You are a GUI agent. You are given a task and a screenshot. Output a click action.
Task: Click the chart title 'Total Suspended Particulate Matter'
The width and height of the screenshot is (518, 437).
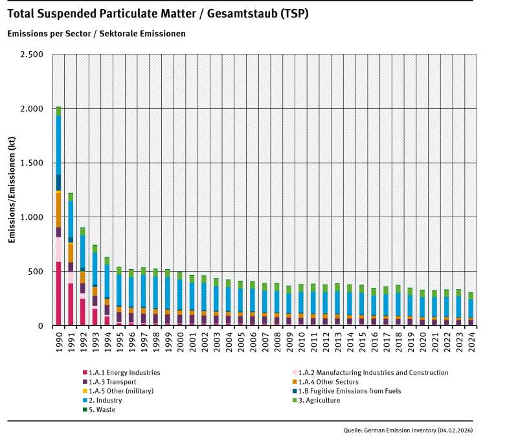(x=159, y=14)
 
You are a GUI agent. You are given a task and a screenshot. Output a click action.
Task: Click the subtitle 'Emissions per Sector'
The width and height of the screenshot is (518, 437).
(x=97, y=33)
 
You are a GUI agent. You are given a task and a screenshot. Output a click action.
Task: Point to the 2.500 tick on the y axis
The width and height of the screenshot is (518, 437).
(x=32, y=54)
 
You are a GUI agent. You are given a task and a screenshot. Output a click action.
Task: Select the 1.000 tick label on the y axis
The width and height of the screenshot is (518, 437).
(x=32, y=217)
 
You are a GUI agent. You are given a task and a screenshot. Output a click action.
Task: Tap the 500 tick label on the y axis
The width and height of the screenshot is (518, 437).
(x=36, y=271)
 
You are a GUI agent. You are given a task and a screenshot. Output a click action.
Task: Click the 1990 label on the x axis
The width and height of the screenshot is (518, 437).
(x=58, y=339)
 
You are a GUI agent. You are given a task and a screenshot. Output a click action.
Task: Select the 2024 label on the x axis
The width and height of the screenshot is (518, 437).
(x=471, y=339)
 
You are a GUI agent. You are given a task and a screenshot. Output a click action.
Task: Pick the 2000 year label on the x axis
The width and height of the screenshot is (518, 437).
(x=180, y=339)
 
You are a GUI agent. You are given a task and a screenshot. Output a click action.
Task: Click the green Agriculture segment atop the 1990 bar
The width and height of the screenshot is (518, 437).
(x=58, y=111)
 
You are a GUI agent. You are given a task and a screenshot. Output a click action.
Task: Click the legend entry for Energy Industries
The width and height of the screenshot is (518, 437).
(x=123, y=373)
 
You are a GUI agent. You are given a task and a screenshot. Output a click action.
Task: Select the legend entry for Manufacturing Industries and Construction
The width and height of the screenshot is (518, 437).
(x=369, y=373)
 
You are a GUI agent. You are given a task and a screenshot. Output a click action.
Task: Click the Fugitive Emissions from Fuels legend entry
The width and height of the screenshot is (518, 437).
(x=350, y=392)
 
